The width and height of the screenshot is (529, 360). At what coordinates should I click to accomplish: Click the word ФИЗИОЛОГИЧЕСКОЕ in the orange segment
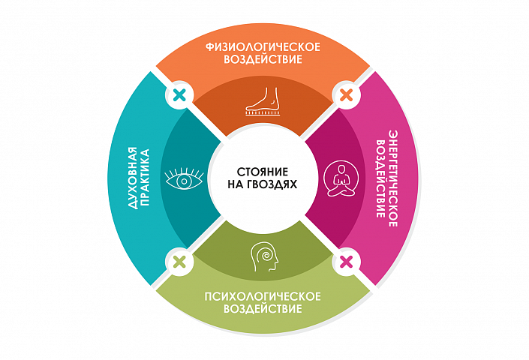(x=263, y=47)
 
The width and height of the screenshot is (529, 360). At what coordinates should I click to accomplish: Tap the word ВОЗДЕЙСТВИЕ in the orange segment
(x=263, y=61)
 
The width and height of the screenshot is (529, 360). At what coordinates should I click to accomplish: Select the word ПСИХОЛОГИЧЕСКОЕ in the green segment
(x=263, y=295)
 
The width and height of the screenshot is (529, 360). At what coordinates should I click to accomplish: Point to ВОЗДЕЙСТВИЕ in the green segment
(x=263, y=309)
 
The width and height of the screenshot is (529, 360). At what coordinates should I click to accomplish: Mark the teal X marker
(x=179, y=95)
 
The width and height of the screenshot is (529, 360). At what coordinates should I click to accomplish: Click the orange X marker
(x=346, y=95)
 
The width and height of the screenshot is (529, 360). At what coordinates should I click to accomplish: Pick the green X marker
(x=179, y=262)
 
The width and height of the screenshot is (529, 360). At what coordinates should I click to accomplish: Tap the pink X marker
(x=346, y=262)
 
